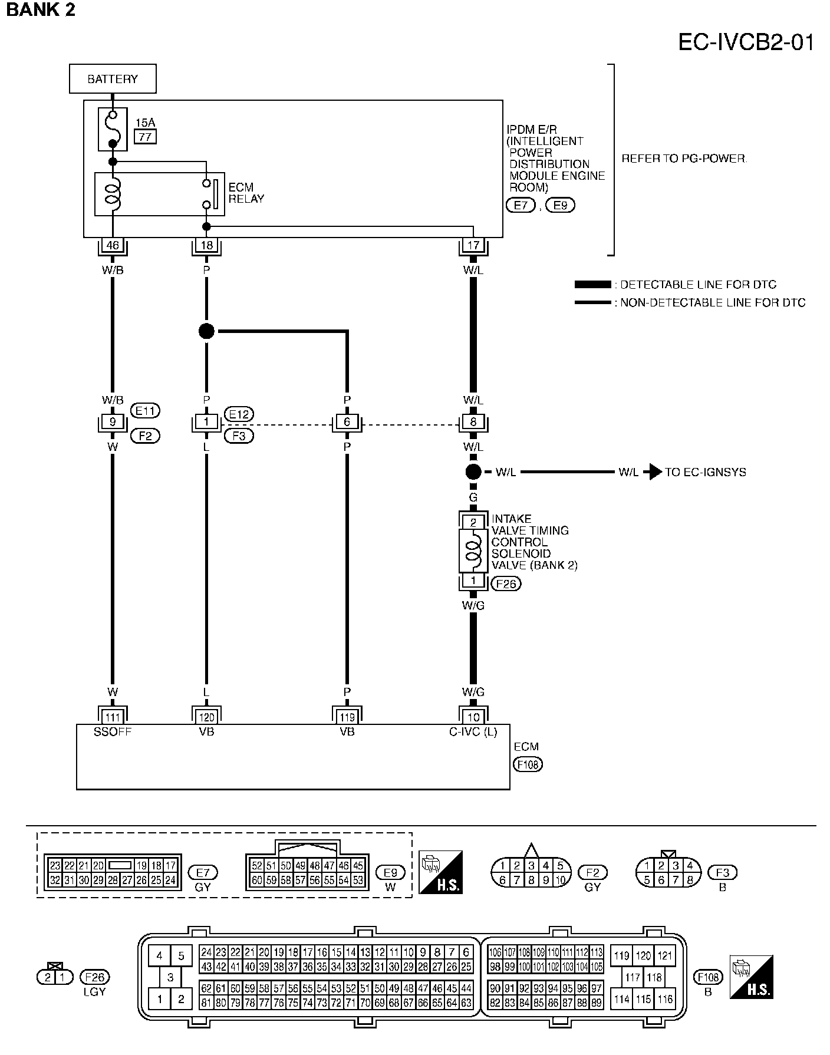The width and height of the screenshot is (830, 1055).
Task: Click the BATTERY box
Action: coord(113,79)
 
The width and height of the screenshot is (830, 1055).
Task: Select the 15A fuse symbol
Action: coord(113,130)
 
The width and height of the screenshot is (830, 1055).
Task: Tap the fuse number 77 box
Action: coord(146,137)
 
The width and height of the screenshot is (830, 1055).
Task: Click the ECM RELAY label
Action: coord(246,193)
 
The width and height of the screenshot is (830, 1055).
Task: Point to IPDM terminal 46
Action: coord(113,245)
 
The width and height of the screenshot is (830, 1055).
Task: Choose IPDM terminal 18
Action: coord(206,245)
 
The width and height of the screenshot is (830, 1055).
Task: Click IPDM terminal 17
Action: coord(473,245)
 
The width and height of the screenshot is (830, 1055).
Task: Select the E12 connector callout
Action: coord(239,414)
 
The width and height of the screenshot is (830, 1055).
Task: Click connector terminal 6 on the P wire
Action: coord(347,422)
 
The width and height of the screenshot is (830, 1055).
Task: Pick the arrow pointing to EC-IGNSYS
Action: coord(652,472)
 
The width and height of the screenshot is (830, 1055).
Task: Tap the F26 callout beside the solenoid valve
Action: coord(506,583)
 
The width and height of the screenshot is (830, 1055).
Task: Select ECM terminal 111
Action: coord(113,717)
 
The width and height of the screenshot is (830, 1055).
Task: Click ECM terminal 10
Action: coord(473,717)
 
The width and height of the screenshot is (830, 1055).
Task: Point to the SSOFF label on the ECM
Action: coord(113,732)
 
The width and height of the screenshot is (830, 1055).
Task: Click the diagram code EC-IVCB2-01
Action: coord(746,42)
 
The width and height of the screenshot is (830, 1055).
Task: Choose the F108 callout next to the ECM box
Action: coord(528,764)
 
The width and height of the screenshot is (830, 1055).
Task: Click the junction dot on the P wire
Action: coord(206,331)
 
